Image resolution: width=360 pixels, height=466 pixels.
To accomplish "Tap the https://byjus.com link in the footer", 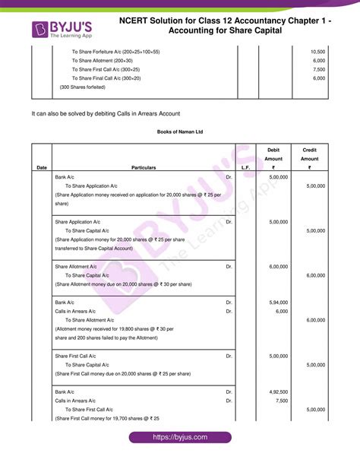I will coord(179,438).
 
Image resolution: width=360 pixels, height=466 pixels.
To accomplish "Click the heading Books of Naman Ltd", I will coord(180,132).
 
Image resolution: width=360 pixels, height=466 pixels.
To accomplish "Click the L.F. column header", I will coord(245,167).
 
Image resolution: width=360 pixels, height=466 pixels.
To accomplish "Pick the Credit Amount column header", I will coord(309,158).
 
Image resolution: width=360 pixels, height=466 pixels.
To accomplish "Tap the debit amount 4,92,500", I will coord(279,392).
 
